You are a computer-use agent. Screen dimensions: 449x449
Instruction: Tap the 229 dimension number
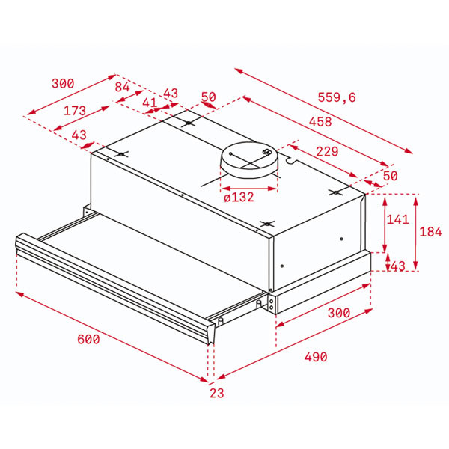326,152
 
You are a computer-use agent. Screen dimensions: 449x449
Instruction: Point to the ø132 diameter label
239,198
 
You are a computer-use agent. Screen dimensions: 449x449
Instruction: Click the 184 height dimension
430,232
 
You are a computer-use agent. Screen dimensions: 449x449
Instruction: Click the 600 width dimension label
88,339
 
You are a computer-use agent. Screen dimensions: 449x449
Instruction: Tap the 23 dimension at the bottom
216,392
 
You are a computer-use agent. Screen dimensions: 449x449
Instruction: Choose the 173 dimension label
74,111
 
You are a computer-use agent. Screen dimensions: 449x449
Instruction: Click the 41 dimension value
149,103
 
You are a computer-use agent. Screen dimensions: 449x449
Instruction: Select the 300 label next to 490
338,312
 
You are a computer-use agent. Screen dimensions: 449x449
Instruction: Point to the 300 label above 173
63,83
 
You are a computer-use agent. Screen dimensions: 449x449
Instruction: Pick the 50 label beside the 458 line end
389,176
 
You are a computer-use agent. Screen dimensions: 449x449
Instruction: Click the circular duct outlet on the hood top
248,159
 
